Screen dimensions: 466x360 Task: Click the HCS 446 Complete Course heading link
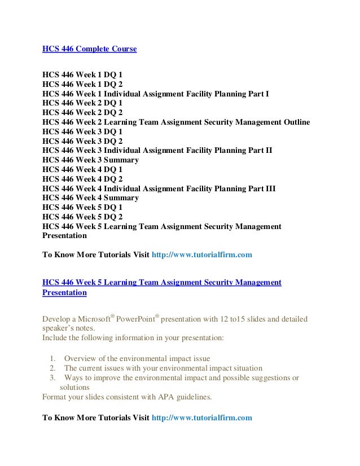(x=89, y=49)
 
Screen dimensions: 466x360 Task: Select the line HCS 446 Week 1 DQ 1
(x=82, y=73)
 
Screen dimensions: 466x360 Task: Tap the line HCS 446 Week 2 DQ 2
(x=82, y=112)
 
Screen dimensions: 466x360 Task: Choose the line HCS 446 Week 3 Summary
(x=90, y=160)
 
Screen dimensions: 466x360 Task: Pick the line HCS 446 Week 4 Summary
(x=90, y=198)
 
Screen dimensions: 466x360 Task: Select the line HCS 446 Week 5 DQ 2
(x=82, y=217)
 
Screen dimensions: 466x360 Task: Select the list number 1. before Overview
(x=53, y=358)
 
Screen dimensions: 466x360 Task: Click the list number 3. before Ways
(x=53, y=377)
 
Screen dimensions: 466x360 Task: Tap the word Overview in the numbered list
(x=82, y=358)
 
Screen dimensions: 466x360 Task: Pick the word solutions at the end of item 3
(x=74, y=387)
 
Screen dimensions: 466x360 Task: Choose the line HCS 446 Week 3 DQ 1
(x=82, y=131)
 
